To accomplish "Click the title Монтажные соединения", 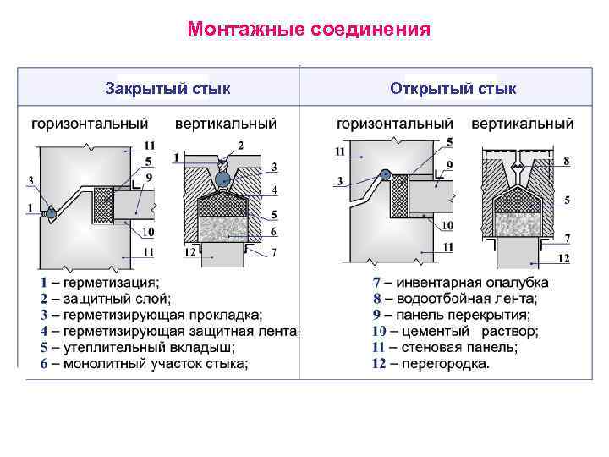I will pyautogui.click(x=310, y=30).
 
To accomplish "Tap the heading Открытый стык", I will pyautogui.click(x=453, y=88).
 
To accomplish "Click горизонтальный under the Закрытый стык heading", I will pyautogui.click(x=91, y=124).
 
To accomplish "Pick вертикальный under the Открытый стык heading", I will pyautogui.click(x=522, y=124).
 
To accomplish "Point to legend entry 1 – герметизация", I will pyautogui.click(x=99, y=282).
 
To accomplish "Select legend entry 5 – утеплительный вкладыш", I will pyautogui.click(x=137, y=348).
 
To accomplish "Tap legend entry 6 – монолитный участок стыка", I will pyautogui.click(x=144, y=364).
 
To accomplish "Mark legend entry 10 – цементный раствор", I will pyautogui.click(x=455, y=331).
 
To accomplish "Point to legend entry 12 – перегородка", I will pyautogui.click(x=431, y=364).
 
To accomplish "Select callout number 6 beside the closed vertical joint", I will pyautogui.click(x=274, y=231).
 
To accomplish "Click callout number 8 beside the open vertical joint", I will pyautogui.click(x=565, y=161).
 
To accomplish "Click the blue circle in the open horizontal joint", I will pyautogui.click(x=385, y=176).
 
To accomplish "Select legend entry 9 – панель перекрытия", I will pyautogui.click(x=452, y=315).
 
